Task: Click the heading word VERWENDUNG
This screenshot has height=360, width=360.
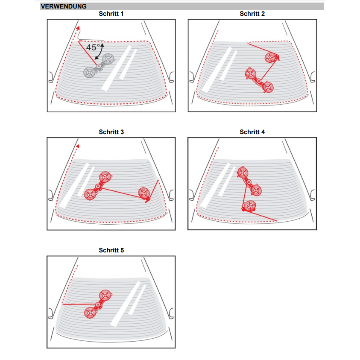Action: click(63, 6)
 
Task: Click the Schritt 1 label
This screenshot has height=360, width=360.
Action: click(111, 14)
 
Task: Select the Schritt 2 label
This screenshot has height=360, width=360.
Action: click(252, 14)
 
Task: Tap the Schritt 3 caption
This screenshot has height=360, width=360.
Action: click(111, 132)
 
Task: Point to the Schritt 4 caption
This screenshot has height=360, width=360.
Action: click(252, 132)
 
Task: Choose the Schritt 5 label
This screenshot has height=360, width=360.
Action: click(111, 250)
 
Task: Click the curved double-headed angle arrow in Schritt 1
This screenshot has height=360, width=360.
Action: click(100, 51)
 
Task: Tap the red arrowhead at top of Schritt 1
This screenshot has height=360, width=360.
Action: click(78, 28)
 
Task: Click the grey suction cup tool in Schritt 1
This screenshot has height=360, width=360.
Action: click(99, 66)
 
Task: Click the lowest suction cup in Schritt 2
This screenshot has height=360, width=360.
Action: click(267, 87)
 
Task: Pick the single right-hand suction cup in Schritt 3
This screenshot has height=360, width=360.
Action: click(144, 193)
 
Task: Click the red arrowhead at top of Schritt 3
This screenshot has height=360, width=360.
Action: click(78, 146)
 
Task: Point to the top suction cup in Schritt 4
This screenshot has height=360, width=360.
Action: click(243, 173)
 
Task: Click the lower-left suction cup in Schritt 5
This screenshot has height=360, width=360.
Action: click(90, 313)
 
